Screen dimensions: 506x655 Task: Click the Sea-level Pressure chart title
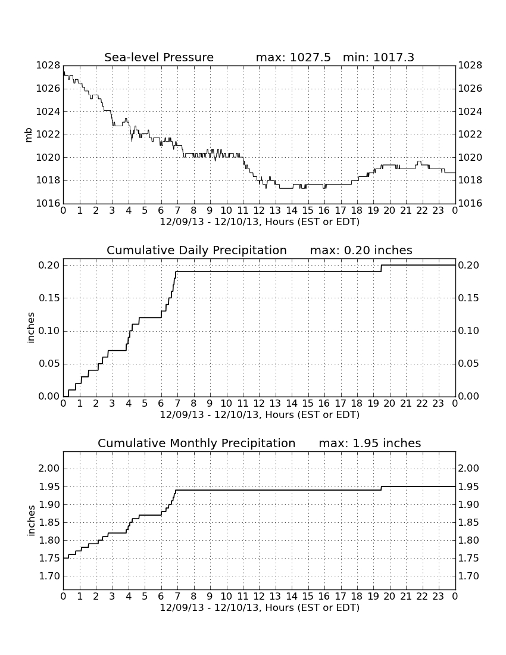point(159,57)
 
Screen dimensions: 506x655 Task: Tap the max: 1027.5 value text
point(293,57)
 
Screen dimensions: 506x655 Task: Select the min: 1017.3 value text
point(379,57)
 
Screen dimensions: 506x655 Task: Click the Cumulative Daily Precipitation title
point(196,250)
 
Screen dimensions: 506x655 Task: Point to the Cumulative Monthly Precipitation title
point(196,443)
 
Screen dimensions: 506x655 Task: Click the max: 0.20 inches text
point(361,250)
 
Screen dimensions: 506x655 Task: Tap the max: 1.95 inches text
point(370,443)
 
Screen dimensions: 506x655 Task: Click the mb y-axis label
point(29,135)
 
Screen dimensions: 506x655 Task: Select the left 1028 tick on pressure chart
point(48,65)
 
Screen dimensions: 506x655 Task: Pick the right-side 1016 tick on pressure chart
point(470,204)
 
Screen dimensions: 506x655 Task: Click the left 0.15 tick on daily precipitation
point(49,298)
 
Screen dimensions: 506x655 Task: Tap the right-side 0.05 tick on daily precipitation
point(469,364)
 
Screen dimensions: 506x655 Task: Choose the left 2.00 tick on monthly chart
point(49,468)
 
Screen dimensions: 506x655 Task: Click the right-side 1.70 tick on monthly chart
point(469,576)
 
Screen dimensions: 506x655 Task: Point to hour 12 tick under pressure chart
point(259,211)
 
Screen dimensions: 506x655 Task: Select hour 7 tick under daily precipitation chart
point(177,404)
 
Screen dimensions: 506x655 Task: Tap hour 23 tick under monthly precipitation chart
point(438,597)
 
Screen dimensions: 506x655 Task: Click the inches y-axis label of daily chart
point(30,328)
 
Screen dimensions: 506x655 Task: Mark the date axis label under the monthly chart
point(260,607)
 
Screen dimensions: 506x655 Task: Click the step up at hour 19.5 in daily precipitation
point(381,269)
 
